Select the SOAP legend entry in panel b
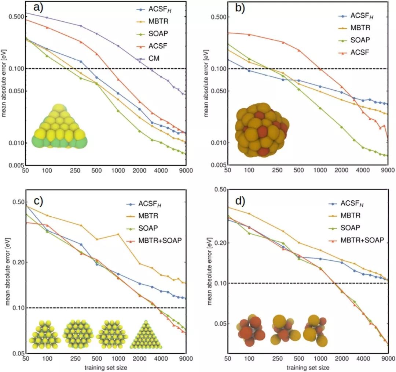pos(359,40)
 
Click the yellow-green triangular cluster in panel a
pos(60,127)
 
